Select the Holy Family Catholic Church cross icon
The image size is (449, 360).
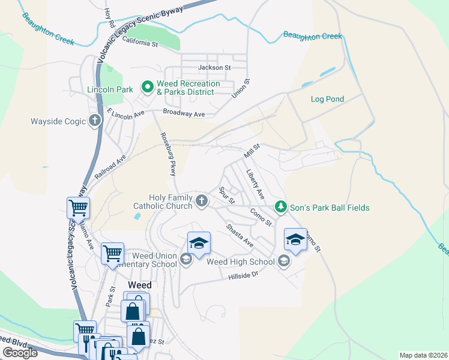point(202,201)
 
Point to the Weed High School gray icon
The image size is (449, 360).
point(283,261)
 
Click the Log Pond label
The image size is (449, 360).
point(325,98)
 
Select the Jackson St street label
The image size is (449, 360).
point(214,68)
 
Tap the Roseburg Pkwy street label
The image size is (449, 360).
point(167,154)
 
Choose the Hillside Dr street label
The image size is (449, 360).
point(243,276)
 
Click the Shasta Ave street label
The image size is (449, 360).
point(239,235)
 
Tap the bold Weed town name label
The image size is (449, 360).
point(139,284)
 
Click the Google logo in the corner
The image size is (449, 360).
point(20,352)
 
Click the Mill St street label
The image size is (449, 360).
point(252,151)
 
